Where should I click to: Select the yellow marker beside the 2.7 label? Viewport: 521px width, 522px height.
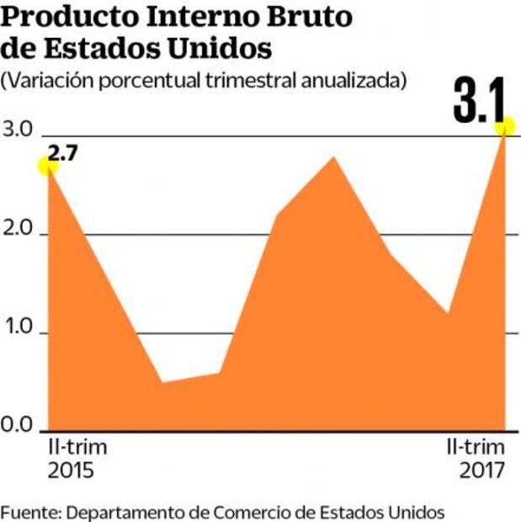pyautogui.click(x=48, y=166)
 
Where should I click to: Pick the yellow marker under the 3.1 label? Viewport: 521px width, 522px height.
pyautogui.click(x=505, y=127)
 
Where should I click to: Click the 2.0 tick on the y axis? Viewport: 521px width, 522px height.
pyautogui.click(x=18, y=232)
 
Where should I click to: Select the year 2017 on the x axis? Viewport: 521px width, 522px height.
pyautogui.click(x=482, y=470)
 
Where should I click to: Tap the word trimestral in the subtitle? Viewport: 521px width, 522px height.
pyautogui.click(x=244, y=81)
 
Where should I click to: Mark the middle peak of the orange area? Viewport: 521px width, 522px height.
pyautogui.click(x=334, y=157)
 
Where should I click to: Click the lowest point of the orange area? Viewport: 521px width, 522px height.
pyautogui.click(x=162, y=382)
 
